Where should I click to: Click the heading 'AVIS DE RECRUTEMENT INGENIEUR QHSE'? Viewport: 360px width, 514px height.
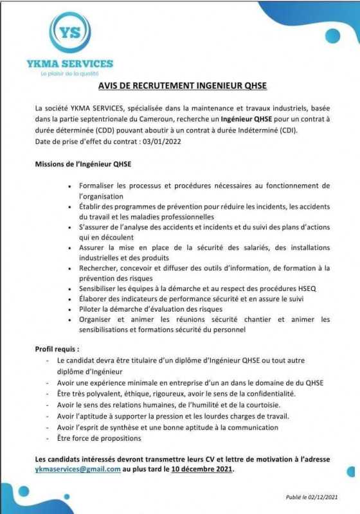click(x=183, y=85)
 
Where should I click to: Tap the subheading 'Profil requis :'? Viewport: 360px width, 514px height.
click(x=57, y=348)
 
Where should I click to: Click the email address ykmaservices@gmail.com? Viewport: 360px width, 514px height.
click(x=78, y=469)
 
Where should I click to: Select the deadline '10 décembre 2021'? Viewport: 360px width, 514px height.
click(x=203, y=469)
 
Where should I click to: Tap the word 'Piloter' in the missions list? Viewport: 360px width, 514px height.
click(x=91, y=309)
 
